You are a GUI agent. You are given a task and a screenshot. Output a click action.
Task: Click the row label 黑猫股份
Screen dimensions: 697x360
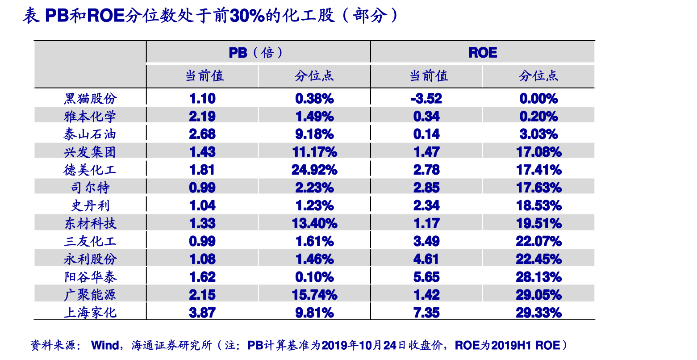(x=90, y=99)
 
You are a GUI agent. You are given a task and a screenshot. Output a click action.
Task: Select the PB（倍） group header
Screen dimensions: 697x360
(x=256, y=53)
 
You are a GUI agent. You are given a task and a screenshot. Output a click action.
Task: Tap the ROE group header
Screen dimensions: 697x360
(x=483, y=53)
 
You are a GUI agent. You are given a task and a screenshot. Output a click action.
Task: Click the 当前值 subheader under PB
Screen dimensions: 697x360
(x=205, y=76)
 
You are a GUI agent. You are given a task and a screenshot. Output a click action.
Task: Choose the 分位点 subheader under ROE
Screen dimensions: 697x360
(x=538, y=76)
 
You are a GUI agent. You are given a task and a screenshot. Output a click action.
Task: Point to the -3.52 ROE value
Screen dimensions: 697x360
(x=426, y=99)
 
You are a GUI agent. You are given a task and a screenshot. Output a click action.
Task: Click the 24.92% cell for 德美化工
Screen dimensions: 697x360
(x=314, y=170)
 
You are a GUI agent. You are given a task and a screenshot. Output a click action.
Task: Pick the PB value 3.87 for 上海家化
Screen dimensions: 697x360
(x=202, y=312)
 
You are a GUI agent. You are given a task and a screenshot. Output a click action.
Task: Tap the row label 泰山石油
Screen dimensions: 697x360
(x=90, y=134)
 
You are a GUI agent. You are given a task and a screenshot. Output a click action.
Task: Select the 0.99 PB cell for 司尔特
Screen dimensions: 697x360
(x=202, y=188)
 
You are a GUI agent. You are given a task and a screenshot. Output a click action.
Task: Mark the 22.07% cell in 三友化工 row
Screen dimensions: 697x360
(x=538, y=241)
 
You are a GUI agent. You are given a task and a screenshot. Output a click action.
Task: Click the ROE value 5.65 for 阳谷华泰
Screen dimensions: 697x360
(x=426, y=277)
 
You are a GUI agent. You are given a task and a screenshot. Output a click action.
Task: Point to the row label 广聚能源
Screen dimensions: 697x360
(x=90, y=295)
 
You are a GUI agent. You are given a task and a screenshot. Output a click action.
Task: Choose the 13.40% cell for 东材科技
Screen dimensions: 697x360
(x=314, y=223)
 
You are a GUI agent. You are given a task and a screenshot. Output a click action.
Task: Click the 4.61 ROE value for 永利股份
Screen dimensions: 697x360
(x=426, y=259)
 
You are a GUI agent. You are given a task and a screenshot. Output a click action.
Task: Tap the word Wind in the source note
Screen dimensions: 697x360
(x=105, y=345)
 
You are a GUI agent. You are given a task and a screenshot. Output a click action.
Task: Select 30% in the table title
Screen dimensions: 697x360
(x=247, y=16)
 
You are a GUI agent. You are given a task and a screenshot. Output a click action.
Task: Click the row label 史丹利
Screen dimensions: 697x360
(x=90, y=205)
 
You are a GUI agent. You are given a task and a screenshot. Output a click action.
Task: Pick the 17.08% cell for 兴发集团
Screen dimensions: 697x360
(x=538, y=152)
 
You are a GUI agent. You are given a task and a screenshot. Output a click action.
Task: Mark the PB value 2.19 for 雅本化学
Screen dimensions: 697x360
(x=202, y=117)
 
